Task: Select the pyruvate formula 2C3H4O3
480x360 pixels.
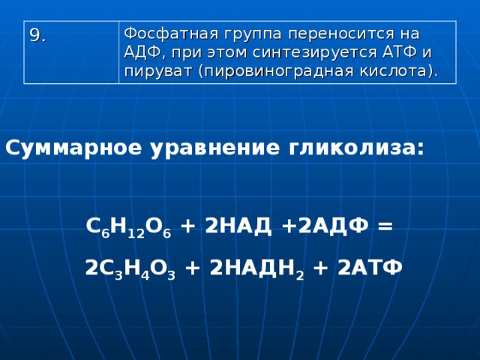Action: [x=130, y=269]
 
